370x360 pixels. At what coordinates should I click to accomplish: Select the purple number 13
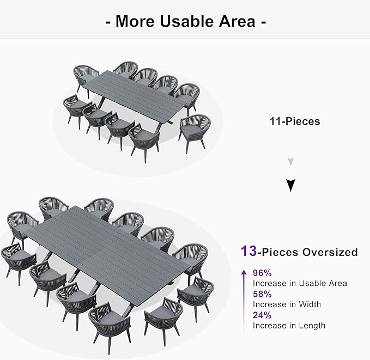click(x=249, y=252)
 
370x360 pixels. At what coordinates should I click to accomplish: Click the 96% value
click(x=262, y=273)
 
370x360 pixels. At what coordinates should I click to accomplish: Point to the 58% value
click(x=262, y=295)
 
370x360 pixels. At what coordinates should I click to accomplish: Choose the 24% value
click(x=262, y=315)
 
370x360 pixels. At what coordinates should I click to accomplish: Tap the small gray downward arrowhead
click(x=290, y=162)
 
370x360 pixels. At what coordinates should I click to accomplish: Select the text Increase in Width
click(x=287, y=304)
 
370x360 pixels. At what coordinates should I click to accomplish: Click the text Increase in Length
click(x=289, y=325)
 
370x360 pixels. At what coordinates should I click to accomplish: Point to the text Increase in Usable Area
click(x=300, y=283)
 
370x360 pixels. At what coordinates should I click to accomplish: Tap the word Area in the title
click(x=235, y=21)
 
